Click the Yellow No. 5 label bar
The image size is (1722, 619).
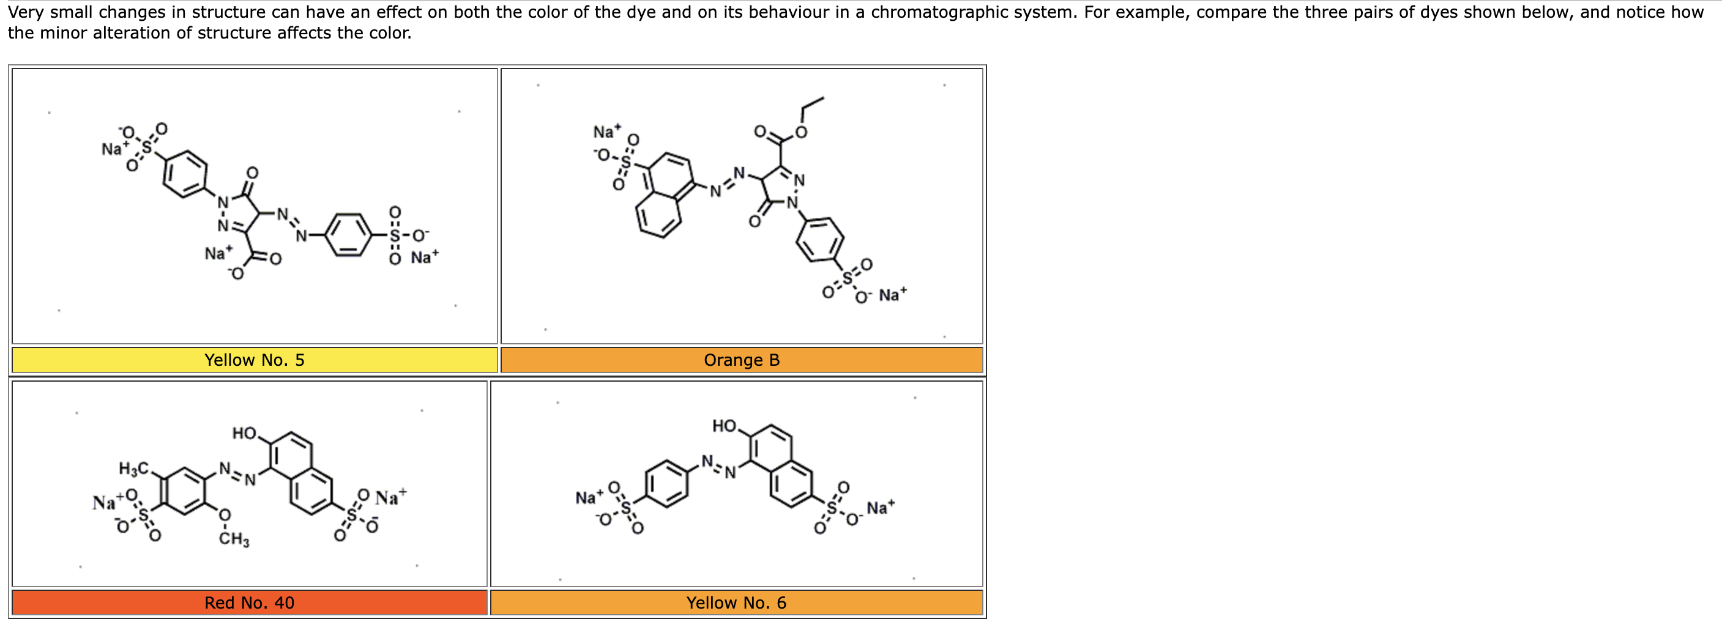(254, 360)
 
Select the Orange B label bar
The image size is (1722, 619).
(741, 360)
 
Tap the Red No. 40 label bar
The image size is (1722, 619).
(249, 602)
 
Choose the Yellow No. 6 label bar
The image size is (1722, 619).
(736, 602)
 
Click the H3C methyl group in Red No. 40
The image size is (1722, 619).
(133, 469)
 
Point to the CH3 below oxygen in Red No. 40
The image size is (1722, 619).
(234, 539)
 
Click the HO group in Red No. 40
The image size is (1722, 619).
(245, 433)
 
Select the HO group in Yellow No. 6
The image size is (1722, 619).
(724, 426)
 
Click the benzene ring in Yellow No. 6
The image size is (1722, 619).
(666, 483)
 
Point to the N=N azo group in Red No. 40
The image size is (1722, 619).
(237, 474)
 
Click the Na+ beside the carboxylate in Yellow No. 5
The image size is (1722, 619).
(218, 253)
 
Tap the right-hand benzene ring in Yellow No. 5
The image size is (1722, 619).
(348, 235)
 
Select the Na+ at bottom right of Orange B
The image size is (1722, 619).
(892, 294)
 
